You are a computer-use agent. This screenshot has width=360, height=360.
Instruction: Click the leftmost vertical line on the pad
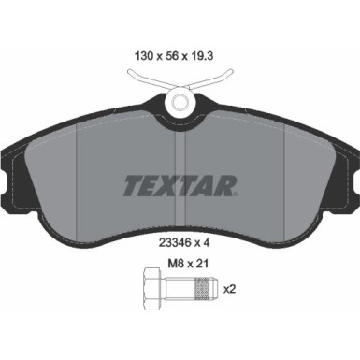tap(77, 178)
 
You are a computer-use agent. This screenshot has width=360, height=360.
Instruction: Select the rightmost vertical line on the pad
tap(283, 178)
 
